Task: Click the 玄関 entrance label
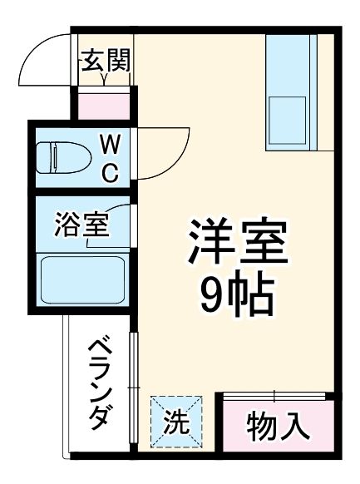(x=105, y=61)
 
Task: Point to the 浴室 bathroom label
(x=81, y=225)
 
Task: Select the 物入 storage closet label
(x=279, y=427)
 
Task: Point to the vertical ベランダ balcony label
(x=99, y=382)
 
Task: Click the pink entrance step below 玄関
(x=105, y=104)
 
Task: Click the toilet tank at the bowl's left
(x=47, y=156)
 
